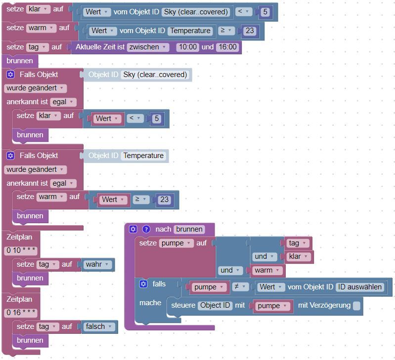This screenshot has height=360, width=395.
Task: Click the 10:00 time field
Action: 187,47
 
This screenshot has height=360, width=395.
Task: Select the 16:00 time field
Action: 227,47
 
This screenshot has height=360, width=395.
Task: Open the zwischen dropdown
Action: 148,47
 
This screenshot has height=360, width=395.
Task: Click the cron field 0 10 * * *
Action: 21,250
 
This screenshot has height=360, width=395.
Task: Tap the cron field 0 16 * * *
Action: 21,313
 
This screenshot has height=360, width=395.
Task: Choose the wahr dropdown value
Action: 98,264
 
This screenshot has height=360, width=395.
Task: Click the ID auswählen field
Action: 360,287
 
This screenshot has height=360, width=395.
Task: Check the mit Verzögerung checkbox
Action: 356,306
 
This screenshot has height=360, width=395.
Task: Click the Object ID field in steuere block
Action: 215,306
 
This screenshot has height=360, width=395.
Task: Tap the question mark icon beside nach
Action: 146,229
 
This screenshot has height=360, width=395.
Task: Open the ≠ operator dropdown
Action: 239,287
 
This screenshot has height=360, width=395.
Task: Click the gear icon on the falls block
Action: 143,284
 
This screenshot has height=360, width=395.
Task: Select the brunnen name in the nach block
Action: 189,229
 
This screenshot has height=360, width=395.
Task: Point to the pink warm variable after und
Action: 268,271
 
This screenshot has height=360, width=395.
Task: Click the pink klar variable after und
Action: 298,257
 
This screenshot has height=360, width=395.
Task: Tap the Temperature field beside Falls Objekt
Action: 143,156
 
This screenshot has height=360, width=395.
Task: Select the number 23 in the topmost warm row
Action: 250,31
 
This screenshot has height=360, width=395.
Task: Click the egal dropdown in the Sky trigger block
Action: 63,102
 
